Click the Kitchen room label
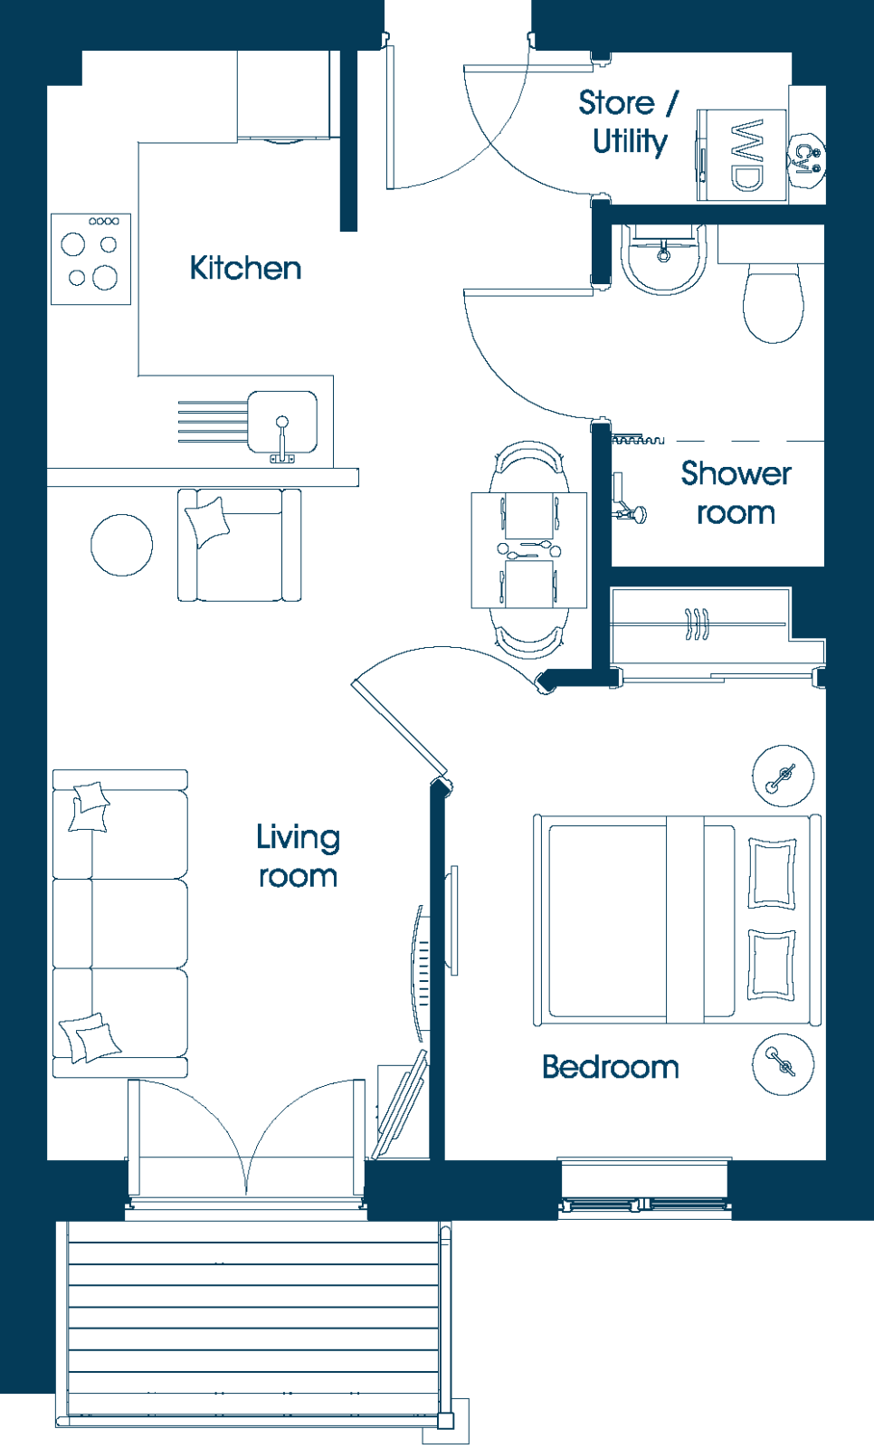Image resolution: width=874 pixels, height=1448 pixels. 246,268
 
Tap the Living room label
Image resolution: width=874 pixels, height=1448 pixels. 298,856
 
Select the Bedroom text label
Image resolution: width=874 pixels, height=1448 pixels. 611,1067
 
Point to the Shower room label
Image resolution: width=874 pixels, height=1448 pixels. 736,492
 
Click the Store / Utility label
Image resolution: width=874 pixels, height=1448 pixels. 628,122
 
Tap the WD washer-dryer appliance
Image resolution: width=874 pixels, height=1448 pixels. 742,155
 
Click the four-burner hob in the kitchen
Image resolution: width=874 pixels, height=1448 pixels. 91,259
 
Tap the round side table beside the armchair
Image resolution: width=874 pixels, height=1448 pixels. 121,545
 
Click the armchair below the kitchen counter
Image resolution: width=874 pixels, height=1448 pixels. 239,545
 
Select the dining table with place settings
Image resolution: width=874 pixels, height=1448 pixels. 528,550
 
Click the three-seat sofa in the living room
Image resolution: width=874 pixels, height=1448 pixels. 120,924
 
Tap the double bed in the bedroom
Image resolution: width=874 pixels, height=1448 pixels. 677,919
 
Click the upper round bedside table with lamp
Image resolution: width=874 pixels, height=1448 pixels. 784,776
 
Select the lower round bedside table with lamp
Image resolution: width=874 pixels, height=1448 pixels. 784,1064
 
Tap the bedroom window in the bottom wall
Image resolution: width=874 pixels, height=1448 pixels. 644,1189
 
